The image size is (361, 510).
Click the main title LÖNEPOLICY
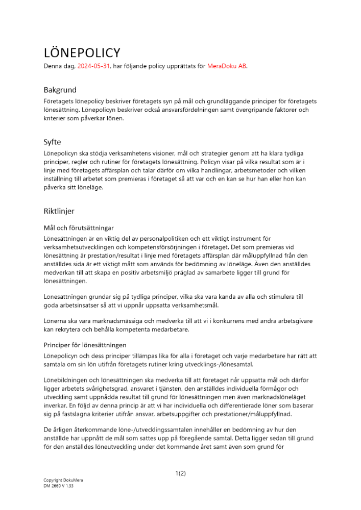click(x=82, y=53)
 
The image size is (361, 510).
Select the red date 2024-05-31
click(x=93, y=66)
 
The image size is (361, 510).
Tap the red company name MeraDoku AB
click(x=227, y=66)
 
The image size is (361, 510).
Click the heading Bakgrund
click(x=60, y=89)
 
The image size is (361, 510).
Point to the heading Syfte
click(x=53, y=142)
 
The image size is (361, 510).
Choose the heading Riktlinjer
click(x=59, y=210)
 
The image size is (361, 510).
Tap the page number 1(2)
click(x=180, y=473)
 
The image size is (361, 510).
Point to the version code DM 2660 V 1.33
click(x=58, y=486)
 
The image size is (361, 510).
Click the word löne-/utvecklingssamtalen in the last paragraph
click(x=110, y=430)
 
